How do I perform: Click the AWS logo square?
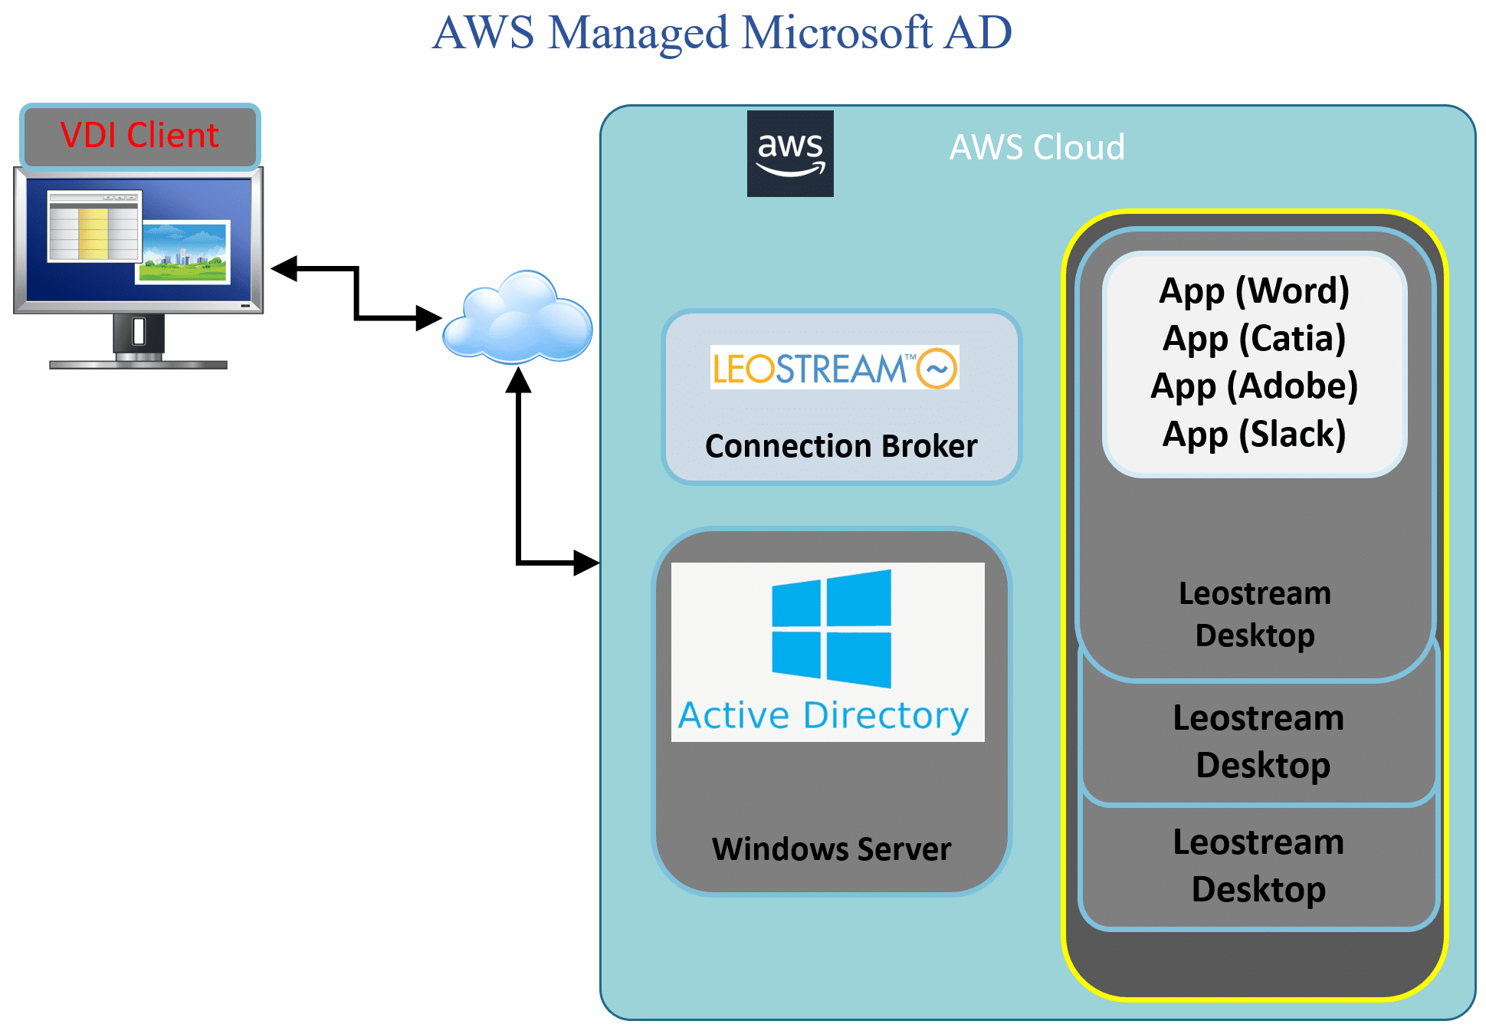[790, 153]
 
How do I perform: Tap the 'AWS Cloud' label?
[1037, 146]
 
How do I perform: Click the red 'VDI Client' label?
[139, 135]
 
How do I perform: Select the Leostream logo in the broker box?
[834, 367]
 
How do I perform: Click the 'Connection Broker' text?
[841, 446]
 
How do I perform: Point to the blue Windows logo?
[832, 628]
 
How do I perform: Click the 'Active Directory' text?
[824, 717]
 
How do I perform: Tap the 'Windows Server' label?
[832, 849]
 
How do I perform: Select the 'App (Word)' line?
[1254, 292]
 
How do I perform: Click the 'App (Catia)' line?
[1254, 340]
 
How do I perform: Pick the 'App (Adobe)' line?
[1254, 387]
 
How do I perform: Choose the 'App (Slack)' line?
[1254, 435]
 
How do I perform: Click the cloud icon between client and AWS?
[518, 317]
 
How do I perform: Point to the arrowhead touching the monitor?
[284, 268]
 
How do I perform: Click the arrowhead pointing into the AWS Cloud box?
[586, 563]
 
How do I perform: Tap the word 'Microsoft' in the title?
[837, 33]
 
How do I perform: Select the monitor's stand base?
[139, 364]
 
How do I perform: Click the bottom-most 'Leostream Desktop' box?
[1258, 866]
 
